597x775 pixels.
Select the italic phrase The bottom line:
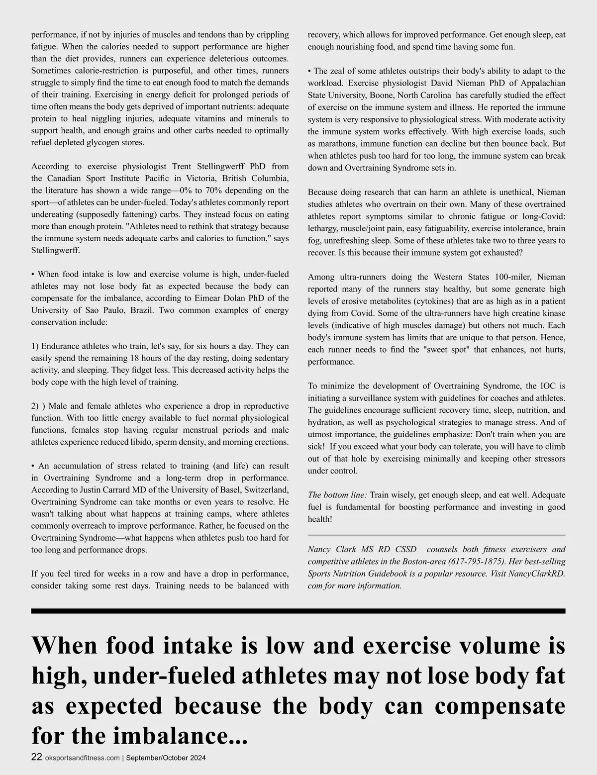pyautogui.click(x=337, y=495)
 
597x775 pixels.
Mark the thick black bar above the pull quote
pyautogui.click(x=298, y=611)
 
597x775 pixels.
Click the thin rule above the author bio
pyautogui.click(x=436, y=535)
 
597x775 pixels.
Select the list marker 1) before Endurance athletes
pyautogui.click(x=35, y=346)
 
